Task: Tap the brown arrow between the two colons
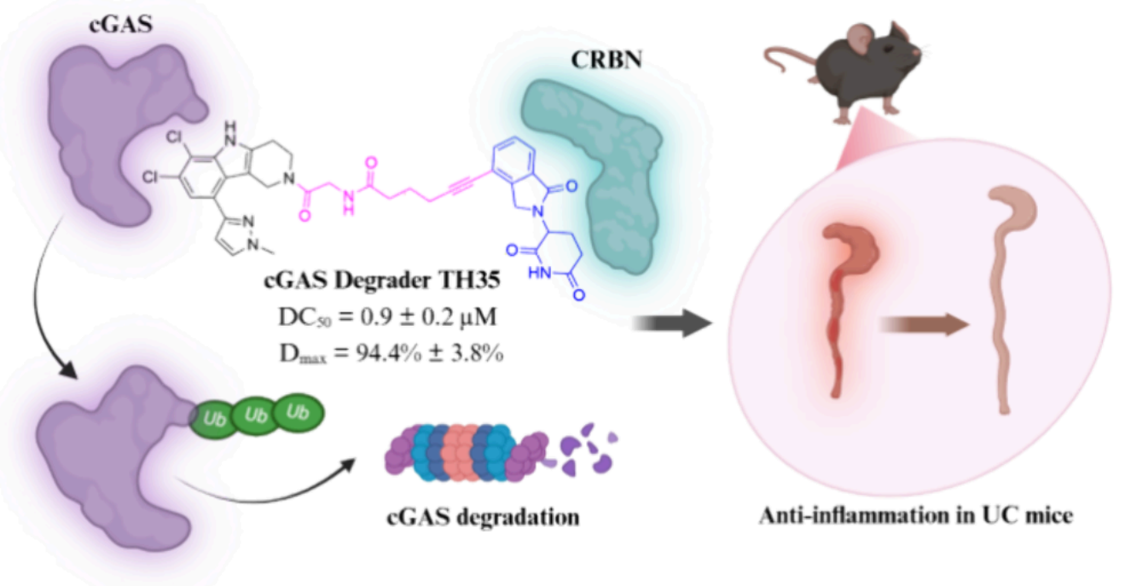925,325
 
